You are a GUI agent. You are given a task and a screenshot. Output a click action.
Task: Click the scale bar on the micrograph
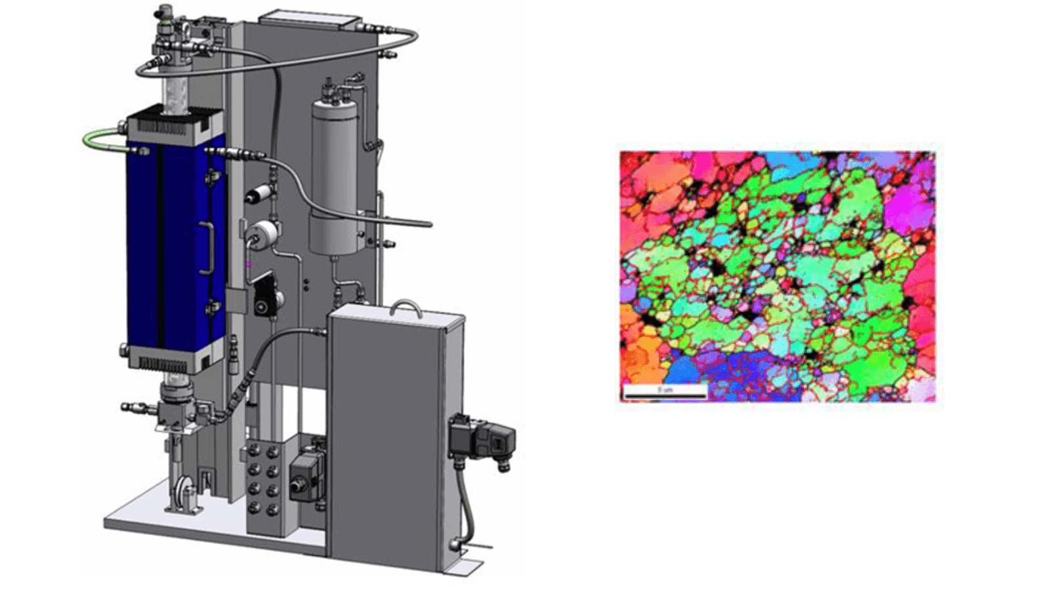click(x=664, y=391)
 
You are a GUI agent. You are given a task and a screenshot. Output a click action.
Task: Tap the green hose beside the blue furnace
click(x=98, y=140)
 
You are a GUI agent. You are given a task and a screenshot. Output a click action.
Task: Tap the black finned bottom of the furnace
click(x=173, y=362)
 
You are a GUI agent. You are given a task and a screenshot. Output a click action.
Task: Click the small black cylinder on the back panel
click(x=259, y=194)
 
